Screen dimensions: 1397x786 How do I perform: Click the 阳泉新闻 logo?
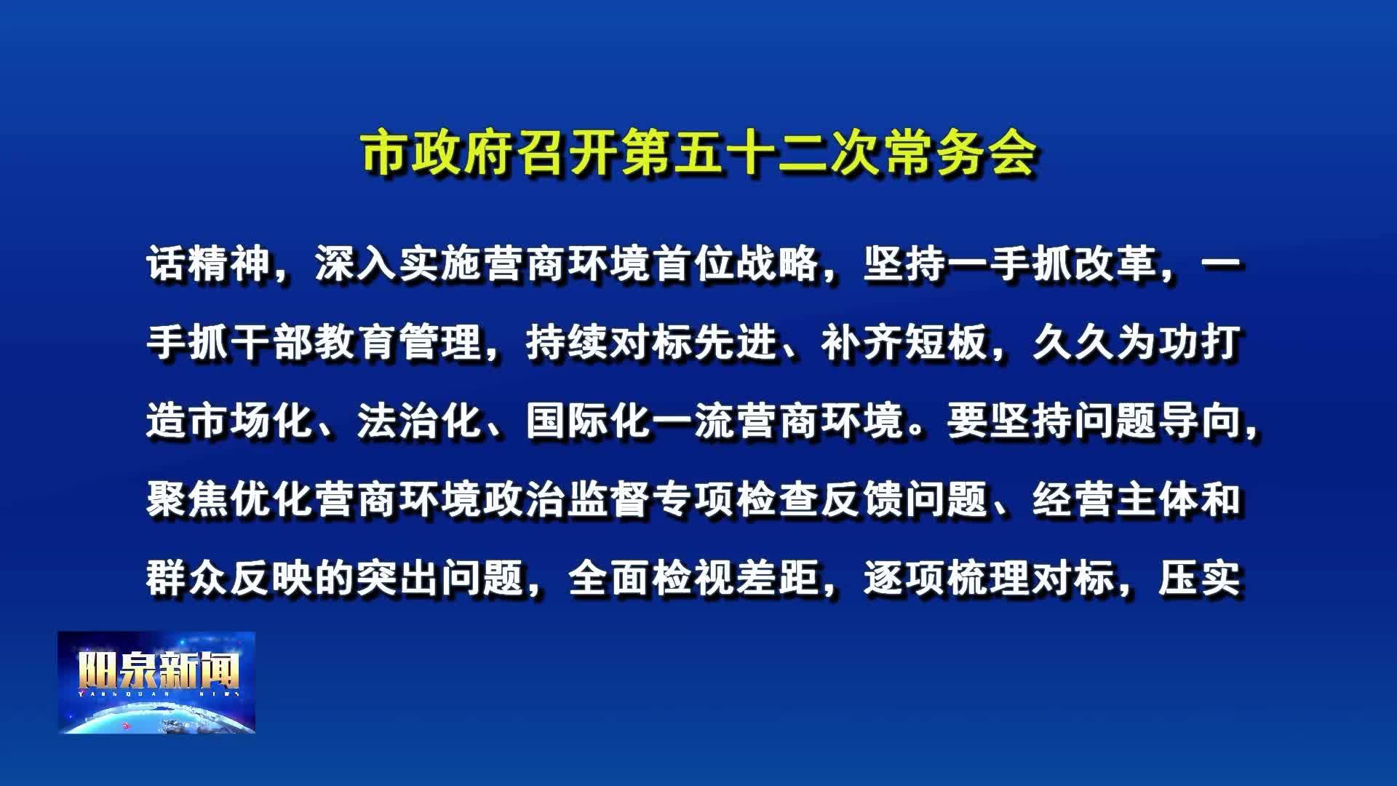[156, 682]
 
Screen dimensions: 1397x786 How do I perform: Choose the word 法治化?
[420, 421]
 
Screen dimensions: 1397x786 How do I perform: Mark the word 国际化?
[589, 421]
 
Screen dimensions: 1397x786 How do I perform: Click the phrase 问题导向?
[1157, 421]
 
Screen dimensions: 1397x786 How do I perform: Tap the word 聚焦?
[188, 499]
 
